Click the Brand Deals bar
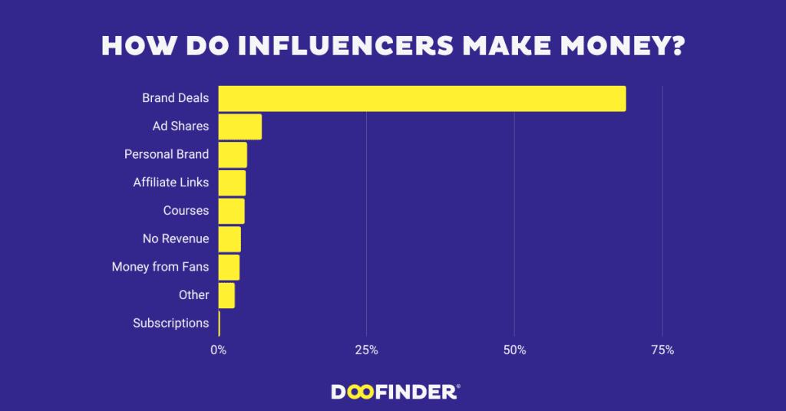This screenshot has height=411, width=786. pyautogui.click(x=422, y=99)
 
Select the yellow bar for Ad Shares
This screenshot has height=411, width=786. pyautogui.click(x=239, y=127)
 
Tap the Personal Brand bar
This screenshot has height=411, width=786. pyautogui.click(x=233, y=155)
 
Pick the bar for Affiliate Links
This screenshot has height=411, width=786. pyautogui.click(x=232, y=182)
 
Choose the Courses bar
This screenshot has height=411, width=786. pyautogui.click(x=231, y=211)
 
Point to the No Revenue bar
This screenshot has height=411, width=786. pyautogui.click(x=230, y=239)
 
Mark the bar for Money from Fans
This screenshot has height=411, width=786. pyautogui.click(x=229, y=267)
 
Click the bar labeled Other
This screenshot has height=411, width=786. pyautogui.click(x=226, y=295)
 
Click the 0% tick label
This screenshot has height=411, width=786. pyautogui.click(x=219, y=350)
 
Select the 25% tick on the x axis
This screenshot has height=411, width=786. pyautogui.click(x=366, y=350)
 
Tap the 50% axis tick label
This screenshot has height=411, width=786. pyautogui.click(x=514, y=350)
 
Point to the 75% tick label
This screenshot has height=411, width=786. pyautogui.click(x=662, y=350)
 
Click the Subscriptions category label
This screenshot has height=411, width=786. pyautogui.click(x=170, y=323)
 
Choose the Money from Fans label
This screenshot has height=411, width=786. pyautogui.click(x=160, y=267)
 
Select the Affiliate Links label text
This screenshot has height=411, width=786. pyautogui.click(x=170, y=182)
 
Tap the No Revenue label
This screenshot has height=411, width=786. pyautogui.click(x=175, y=239)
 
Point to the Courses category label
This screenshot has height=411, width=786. pyautogui.click(x=186, y=211)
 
